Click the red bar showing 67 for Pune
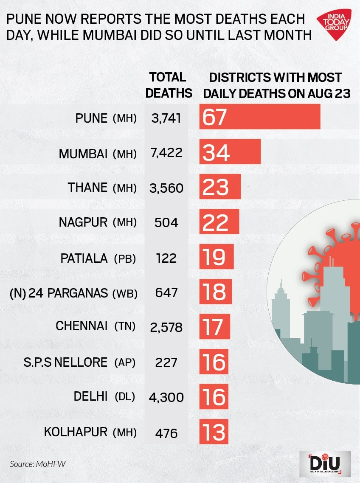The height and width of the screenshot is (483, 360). point(260,117)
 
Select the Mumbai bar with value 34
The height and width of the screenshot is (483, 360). point(230,152)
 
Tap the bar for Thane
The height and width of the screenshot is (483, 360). point(220,187)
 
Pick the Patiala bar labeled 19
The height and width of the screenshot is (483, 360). point(217,257)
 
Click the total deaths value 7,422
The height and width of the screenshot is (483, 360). point(167,152)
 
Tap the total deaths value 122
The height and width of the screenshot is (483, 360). point(166,258)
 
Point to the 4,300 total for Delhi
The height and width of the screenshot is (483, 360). point(166,397)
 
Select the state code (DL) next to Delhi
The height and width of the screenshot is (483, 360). point(124,397)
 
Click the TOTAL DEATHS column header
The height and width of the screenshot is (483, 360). point(169,85)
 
